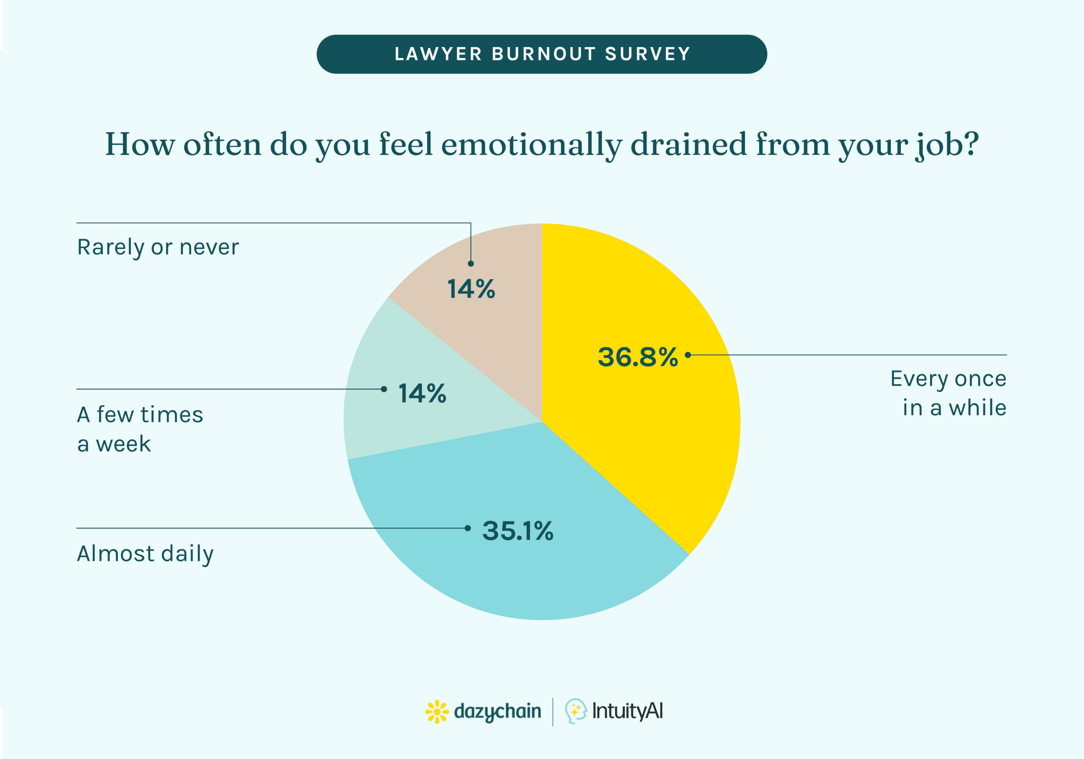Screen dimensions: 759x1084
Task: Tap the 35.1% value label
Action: point(517,530)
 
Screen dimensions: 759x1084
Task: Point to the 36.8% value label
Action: point(637,357)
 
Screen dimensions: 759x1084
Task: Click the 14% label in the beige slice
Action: point(471,288)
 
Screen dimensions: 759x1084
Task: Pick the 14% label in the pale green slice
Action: point(422,393)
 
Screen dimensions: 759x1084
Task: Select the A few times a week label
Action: point(140,429)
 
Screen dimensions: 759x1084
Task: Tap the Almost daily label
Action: point(145,554)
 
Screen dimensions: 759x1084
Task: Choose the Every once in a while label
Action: point(949,393)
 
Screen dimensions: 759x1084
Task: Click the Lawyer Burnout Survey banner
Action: point(542,54)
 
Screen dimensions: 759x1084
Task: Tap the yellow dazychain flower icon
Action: point(437,711)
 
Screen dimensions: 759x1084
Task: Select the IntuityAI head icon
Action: point(575,711)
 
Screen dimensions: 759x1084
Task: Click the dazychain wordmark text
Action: point(497,711)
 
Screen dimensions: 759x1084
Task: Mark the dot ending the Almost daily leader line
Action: point(467,528)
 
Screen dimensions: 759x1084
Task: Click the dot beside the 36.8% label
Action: point(688,355)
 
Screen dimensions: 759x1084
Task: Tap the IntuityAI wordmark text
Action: point(628,711)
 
